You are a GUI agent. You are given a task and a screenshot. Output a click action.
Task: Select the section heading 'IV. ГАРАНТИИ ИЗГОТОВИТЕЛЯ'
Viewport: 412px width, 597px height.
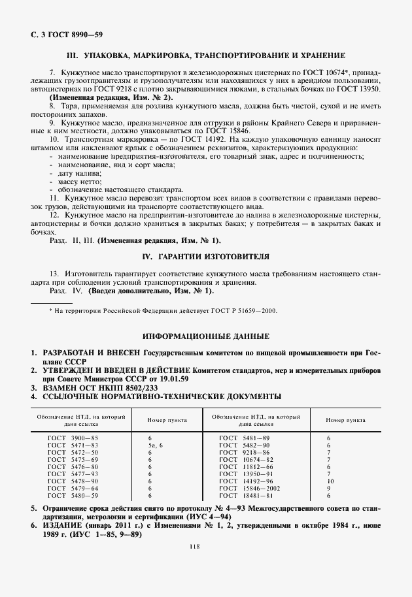[206, 256]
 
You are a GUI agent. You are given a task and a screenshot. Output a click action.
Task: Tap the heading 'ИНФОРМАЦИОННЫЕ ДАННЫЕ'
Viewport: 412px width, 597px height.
[206, 336]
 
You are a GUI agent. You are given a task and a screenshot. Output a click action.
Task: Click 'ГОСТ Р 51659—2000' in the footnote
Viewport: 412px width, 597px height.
[240, 311]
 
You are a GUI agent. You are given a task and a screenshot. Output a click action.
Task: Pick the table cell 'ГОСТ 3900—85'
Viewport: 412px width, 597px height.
[72, 437]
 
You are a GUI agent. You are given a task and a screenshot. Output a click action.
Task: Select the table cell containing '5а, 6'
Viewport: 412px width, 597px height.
[154, 444]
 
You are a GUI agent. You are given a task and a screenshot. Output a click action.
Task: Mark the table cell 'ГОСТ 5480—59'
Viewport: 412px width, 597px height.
[72, 495]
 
